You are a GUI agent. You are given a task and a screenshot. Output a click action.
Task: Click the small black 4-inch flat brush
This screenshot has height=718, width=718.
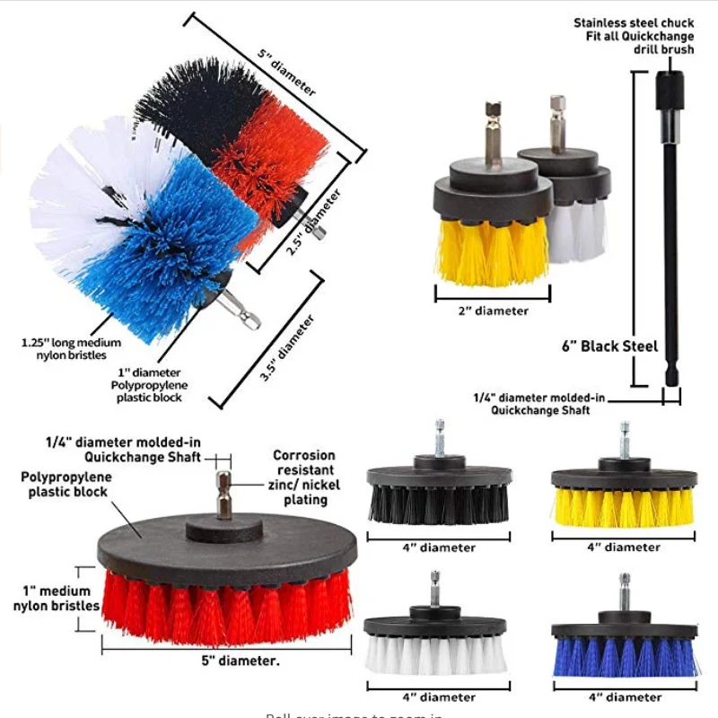[x=426, y=494]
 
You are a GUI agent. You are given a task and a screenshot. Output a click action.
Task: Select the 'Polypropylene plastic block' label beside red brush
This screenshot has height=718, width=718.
[x=65, y=485]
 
